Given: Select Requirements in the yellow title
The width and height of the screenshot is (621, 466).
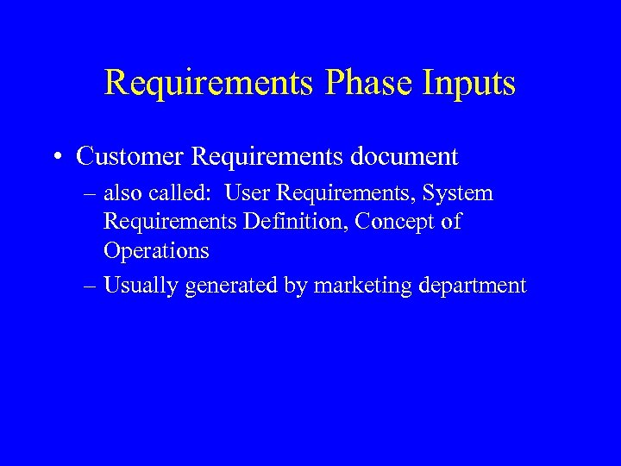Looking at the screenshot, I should pos(210,83).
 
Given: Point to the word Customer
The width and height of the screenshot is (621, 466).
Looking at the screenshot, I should pos(129,157).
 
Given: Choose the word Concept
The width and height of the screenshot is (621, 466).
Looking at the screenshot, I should pos(395,222).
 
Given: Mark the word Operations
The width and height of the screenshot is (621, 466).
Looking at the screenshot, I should pos(156,251).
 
